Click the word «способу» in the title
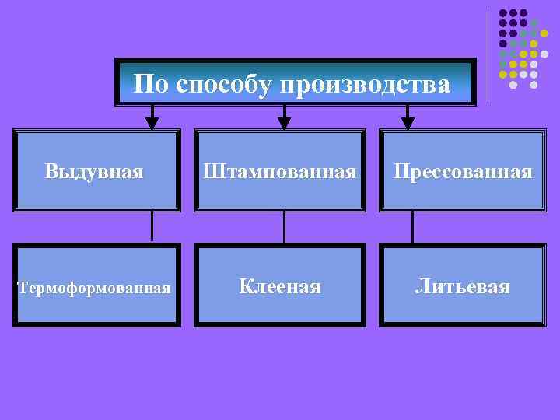pyautogui.click(x=223, y=84)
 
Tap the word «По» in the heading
pyautogui.click(x=152, y=83)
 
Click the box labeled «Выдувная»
pyautogui.click(x=96, y=170)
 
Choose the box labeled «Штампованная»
pyautogui.click(x=280, y=170)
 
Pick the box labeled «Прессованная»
pyautogui.click(x=462, y=170)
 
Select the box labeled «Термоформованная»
pyautogui.click(x=96, y=285)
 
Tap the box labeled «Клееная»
pyautogui.click(x=280, y=285)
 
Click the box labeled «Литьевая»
pyautogui.click(x=462, y=285)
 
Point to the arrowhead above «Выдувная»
pyautogui.click(x=152, y=121)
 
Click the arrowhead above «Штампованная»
pyautogui.click(x=284, y=121)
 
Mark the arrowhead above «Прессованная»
pyautogui.click(x=408, y=121)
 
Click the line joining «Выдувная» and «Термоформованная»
pyautogui.click(x=152, y=227)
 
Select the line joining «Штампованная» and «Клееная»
pyautogui.click(x=284, y=227)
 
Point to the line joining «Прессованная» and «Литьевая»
pyautogui.click(x=412, y=227)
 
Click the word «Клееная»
pyautogui.click(x=280, y=287)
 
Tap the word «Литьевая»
pyautogui.click(x=462, y=287)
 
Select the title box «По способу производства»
pyautogui.click(x=295, y=82)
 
